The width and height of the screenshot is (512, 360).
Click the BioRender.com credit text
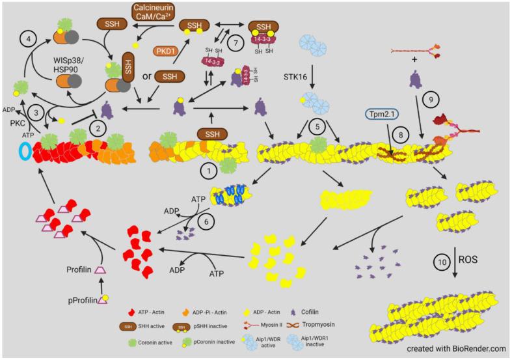tap(457, 348)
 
